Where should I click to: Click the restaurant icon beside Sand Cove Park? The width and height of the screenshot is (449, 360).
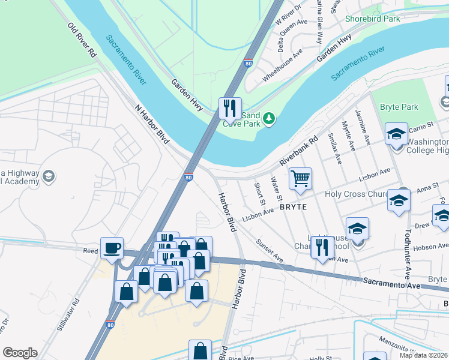(230, 109)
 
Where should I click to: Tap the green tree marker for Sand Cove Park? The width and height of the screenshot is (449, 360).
(270, 118)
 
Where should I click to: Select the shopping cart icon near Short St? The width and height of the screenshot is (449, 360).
(300, 178)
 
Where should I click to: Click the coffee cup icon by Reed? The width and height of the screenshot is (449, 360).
(112, 248)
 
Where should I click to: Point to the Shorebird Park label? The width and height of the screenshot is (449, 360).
(372, 19)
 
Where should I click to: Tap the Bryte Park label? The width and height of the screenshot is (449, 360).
(399, 107)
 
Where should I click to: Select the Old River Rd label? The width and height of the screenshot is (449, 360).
(82, 40)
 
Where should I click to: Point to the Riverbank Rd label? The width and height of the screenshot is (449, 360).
(299, 155)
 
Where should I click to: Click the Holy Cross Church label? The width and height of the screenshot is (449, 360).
(357, 194)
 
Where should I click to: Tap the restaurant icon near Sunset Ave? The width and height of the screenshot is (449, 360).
(322, 247)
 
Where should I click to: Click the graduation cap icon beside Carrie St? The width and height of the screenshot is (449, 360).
(396, 134)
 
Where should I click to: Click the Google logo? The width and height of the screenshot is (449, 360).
(20, 353)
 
